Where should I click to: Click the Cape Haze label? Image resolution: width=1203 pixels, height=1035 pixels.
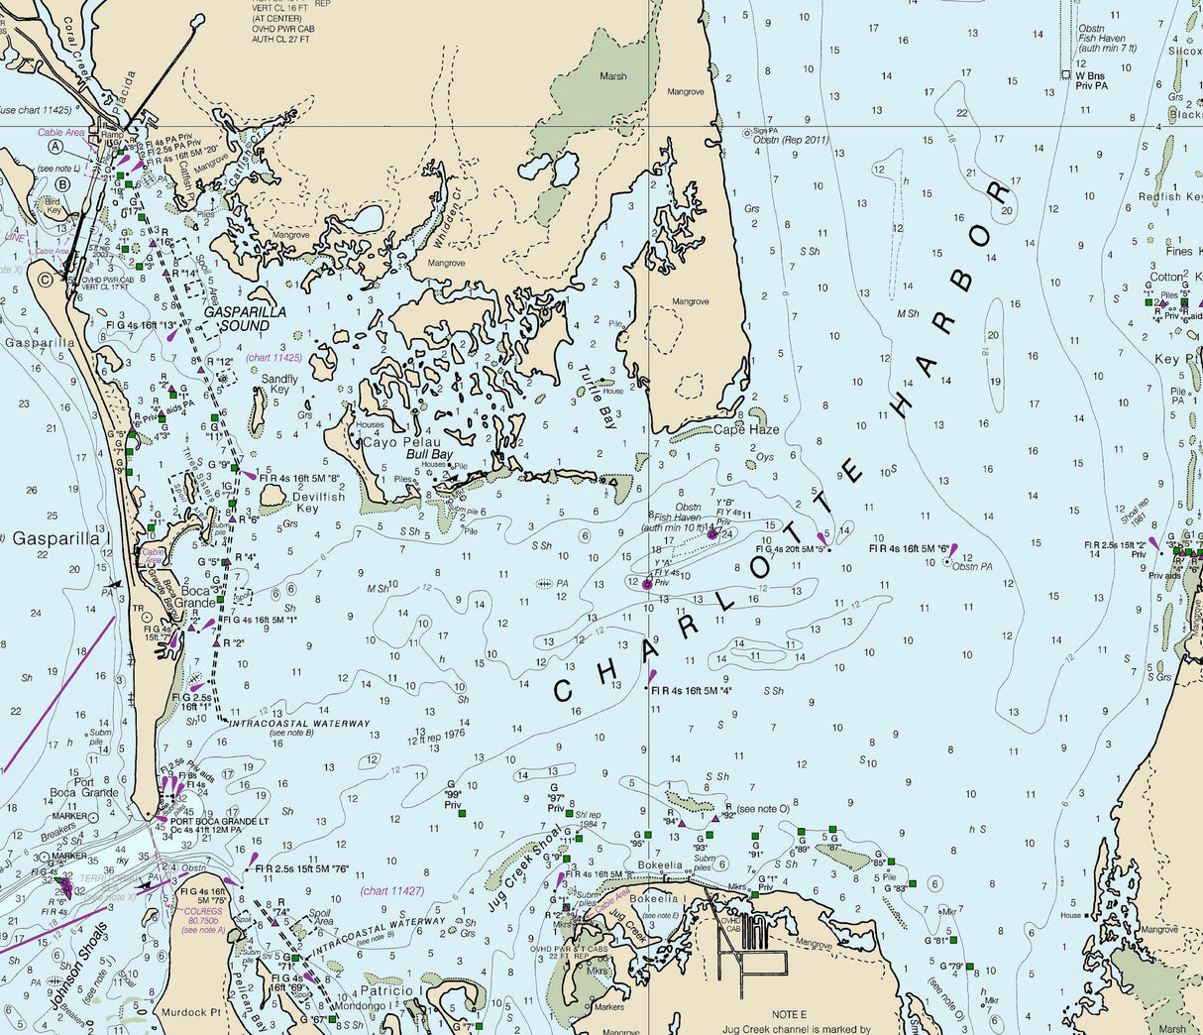coord(745,430)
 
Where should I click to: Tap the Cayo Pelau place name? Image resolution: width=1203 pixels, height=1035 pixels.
coord(394,442)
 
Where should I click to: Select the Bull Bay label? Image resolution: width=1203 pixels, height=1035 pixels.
coord(429,454)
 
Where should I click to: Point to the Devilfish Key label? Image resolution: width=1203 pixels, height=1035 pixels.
coord(319,503)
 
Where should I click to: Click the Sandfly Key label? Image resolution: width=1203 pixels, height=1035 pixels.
coord(279,385)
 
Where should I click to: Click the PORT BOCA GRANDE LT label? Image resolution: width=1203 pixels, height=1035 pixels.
coord(218,821)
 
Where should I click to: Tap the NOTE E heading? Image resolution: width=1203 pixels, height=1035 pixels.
coord(790,1015)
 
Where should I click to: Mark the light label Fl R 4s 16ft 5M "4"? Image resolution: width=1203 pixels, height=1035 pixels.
coord(692,691)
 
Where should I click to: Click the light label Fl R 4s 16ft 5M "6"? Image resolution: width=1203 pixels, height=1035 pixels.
coord(909,548)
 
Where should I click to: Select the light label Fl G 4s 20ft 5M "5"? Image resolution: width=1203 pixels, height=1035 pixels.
coord(789,548)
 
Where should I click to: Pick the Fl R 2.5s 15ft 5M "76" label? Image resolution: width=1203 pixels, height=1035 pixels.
coord(301,869)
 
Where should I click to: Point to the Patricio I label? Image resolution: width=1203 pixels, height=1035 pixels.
coord(391,990)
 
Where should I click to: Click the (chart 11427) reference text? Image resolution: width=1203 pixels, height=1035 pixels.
coord(391,891)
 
